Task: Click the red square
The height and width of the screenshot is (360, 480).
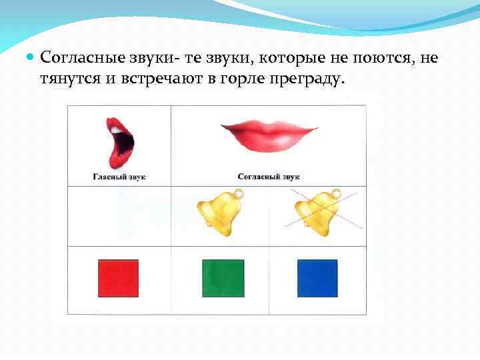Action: pos(119,278)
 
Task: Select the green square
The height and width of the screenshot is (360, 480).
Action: pos(223,278)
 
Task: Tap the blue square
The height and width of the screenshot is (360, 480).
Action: pos(317,278)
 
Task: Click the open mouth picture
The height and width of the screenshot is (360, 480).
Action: pos(120,141)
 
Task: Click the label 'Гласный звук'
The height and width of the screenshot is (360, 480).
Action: pos(119,177)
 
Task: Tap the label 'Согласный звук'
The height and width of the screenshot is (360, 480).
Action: pos(269,177)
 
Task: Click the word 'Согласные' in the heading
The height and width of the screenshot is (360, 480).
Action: pos(78,58)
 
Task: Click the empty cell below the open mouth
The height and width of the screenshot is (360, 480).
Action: pos(119,216)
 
